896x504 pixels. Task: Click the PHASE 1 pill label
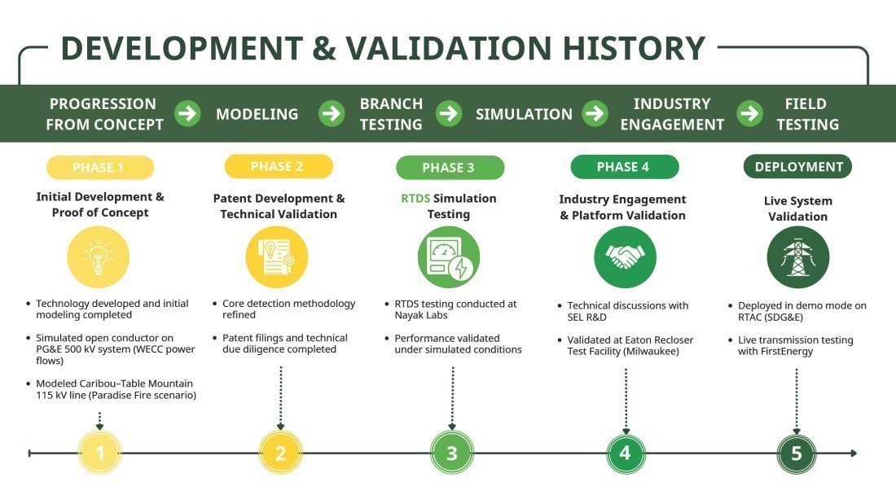pos(99,168)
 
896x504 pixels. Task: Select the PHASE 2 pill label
pos(278,166)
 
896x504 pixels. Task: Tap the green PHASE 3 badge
pos(450,168)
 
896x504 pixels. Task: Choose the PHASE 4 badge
pos(624,167)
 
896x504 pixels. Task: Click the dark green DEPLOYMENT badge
pos(797,167)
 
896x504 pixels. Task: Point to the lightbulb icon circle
pos(99,256)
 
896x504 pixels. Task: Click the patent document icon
pos(277,256)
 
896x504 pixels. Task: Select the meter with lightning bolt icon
pos(450,257)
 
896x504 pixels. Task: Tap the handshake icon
pos(625,257)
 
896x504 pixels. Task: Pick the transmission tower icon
pos(797,257)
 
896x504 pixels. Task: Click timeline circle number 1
pos(100,453)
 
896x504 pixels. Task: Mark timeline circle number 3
pos(452,453)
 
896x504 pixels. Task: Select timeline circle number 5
pos(797,453)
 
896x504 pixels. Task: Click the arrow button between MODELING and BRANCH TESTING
pos(332,113)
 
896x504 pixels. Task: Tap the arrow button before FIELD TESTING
pos(750,113)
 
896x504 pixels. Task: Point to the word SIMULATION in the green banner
pos(524,114)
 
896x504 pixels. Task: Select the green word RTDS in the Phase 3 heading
pos(415,198)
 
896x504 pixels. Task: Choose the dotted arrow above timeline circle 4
pos(626,399)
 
